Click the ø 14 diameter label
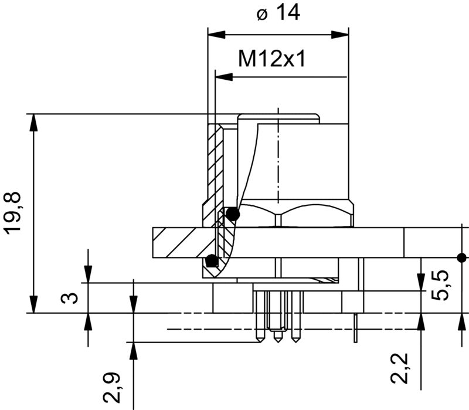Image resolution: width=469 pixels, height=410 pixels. pos(278,12)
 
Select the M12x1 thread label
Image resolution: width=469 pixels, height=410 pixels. pos(272,59)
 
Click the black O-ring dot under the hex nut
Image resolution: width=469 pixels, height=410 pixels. pos(233,214)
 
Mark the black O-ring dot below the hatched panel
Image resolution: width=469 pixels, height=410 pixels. pos(212,260)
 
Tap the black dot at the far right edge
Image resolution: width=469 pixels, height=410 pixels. pos(462,257)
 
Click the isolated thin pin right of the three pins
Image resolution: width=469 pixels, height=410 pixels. pos(356,328)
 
